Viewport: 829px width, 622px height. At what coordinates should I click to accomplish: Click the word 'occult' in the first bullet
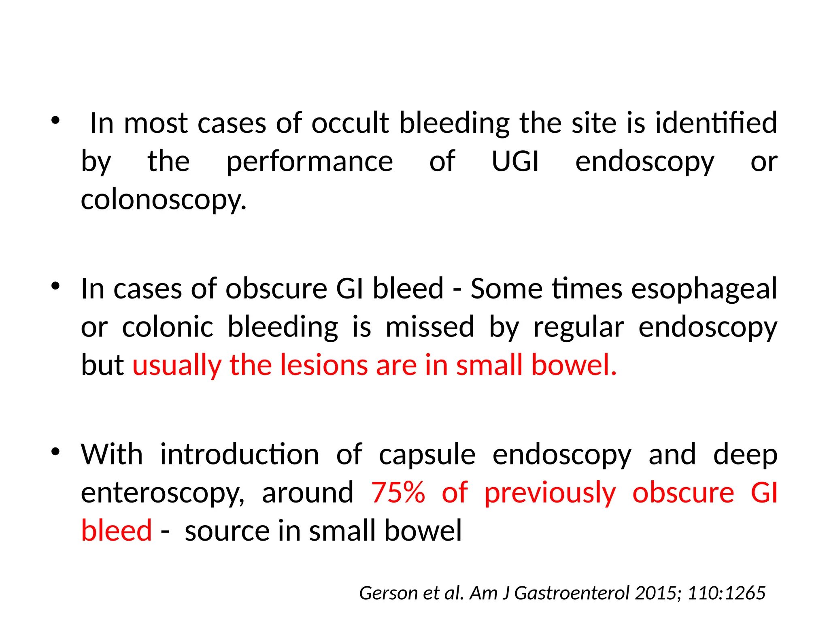(350, 123)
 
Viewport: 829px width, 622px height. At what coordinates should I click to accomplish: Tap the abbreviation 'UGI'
(515, 162)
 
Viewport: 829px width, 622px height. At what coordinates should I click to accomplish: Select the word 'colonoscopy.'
(164, 200)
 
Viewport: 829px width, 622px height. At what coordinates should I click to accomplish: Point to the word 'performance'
(309, 162)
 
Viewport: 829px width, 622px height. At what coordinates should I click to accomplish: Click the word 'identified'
(716, 123)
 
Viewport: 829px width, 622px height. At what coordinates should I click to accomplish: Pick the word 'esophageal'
(704, 289)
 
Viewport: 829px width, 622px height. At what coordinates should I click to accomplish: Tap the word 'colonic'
(167, 327)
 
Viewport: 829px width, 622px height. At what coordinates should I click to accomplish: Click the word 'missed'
(429, 327)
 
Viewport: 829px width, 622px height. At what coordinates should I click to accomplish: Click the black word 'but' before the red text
(102, 365)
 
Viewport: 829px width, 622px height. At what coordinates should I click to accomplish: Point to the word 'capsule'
(427, 454)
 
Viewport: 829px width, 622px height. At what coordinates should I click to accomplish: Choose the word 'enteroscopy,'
(163, 493)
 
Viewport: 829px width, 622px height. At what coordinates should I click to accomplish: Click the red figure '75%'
(398, 493)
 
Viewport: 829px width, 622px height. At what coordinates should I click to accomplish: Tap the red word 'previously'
(550, 493)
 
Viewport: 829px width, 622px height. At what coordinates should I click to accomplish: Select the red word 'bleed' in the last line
(116, 530)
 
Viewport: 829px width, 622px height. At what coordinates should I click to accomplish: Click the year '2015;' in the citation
(659, 593)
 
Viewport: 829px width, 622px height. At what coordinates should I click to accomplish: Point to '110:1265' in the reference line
(726, 593)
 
